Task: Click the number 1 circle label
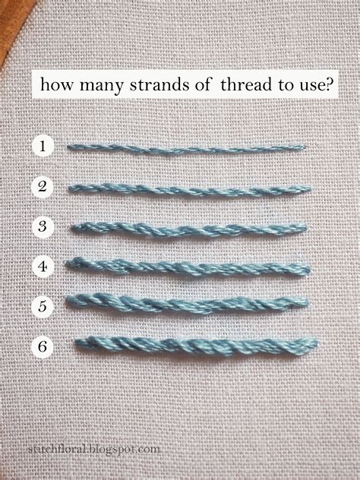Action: pyautogui.click(x=43, y=146)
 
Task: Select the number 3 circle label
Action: pyautogui.click(x=43, y=226)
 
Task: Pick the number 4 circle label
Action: pyautogui.click(x=43, y=266)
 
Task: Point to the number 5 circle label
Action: pyautogui.click(x=43, y=305)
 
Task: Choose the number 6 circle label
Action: pyautogui.click(x=43, y=346)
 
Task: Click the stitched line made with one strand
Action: pyautogui.click(x=186, y=147)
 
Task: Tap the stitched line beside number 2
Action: pyautogui.click(x=190, y=188)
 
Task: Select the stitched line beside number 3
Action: pyautogui.click(x=190, y=227)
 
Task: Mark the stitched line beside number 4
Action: pyautogui.click(x=190, y=266)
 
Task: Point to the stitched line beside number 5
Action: pyautogui.click(x=190, y=304)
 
